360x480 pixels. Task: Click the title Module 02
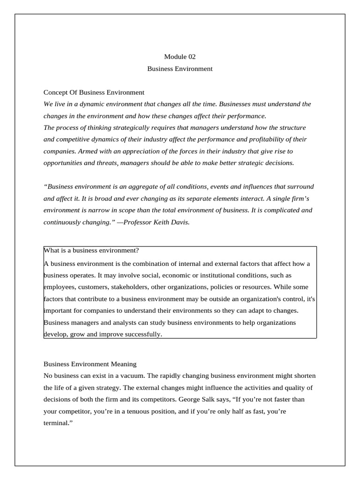180,57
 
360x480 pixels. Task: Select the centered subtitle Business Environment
180,68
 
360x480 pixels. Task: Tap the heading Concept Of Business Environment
94,92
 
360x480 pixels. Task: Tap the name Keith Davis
172,222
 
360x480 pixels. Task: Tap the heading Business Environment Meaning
90,363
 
